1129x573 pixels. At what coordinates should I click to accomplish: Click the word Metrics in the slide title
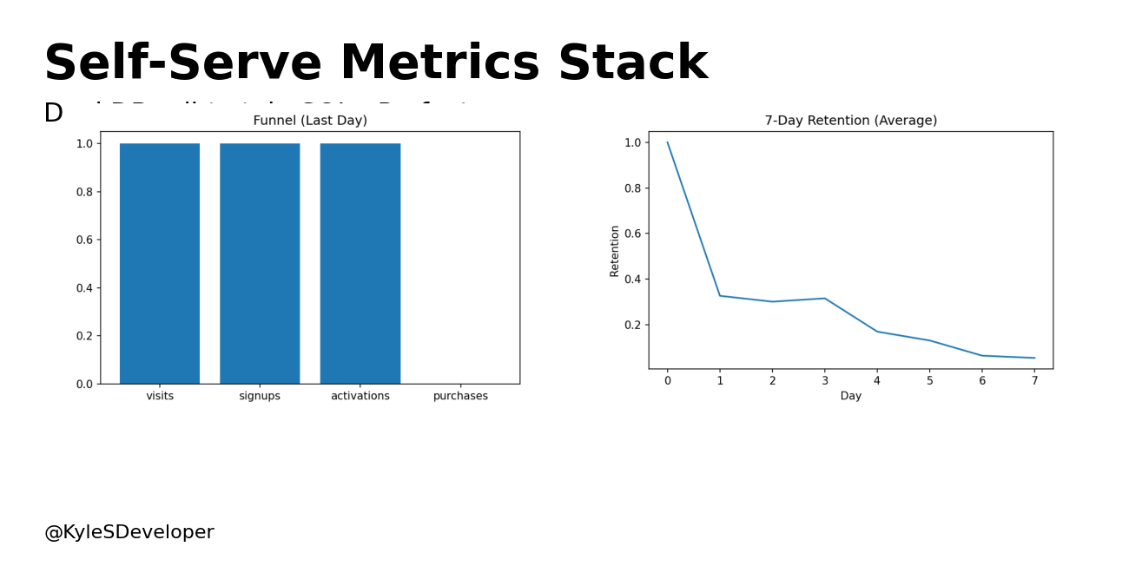tap(439, 64)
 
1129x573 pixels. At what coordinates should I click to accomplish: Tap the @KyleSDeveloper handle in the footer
tap(129, 532)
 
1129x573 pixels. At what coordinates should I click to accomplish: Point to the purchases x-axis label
tap(460, 396)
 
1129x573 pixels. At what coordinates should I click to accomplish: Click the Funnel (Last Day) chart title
tap(310, 121)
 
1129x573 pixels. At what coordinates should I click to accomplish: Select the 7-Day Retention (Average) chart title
tap(850, 121)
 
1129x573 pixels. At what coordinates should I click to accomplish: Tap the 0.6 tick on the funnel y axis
tap(84, 240)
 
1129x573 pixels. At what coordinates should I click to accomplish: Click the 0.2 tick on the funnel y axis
tap(84, 336)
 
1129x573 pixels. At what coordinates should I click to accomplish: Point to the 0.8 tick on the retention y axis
tap(632, 188)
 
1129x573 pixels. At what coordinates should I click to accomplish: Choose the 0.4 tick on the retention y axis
tap(632, 279)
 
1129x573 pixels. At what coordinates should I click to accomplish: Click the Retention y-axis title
tap(615, 251)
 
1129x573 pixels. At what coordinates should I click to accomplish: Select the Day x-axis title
tap(850, 396)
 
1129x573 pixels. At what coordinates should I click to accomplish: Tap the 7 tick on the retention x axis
tap(1034, 380)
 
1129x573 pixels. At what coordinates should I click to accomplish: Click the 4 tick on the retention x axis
tap(877, 380)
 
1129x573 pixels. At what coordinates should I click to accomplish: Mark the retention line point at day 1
tap(720, 295)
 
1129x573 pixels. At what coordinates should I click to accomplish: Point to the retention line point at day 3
tap(825, 298)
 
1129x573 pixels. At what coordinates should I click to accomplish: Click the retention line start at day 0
tap(667, 142)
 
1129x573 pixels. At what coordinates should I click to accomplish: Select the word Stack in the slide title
tap(632, 64)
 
